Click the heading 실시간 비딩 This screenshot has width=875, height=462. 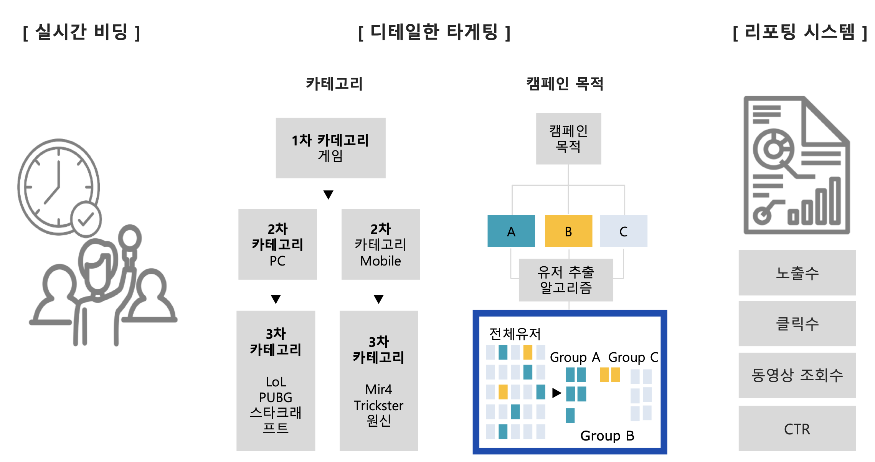click(x=81, y=32)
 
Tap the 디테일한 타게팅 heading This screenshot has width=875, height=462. click(x=434, y=32)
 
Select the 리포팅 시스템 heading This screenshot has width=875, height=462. click(x=800, y=32)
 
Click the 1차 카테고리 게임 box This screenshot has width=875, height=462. click(x=330, y=148)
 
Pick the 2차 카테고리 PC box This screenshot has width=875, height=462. click(x=277, y=244)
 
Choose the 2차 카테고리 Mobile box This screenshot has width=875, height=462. click(x=381, y=244)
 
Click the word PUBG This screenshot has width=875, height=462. click(x=276, y=397)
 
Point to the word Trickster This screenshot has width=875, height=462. click(x=378, y=406)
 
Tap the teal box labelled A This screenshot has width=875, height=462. click(x=511, y=231)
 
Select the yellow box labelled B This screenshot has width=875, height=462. click(x=568, y=231)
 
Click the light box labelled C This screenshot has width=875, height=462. click(x=624, y=231)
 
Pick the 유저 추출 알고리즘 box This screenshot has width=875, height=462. click(x=566, y=280)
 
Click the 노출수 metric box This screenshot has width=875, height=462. click(x=797, y=273)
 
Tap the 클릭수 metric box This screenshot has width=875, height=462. click(x=797, y=323)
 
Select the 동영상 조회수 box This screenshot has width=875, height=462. click(x=797, y=375)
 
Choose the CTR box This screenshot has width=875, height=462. click(x=797, y=429)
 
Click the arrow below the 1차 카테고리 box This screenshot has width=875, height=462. click(x=328, y=195)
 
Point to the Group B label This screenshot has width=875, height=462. click(x=607, y=436)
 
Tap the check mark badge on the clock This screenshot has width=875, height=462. click(x=86, y=219)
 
